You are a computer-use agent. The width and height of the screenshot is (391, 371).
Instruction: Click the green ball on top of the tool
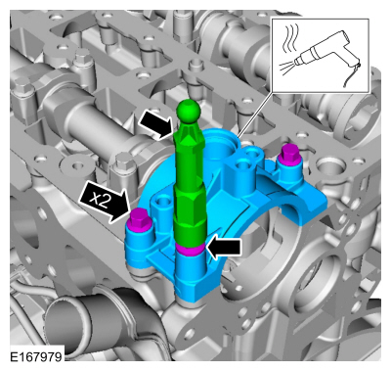(x=188, y=111)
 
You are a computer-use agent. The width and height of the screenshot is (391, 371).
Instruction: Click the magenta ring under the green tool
(x=190, y=249)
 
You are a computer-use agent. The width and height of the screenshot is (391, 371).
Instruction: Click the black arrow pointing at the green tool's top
(x=155, y=125)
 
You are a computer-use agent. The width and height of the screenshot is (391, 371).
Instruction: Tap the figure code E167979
(x=36, y=356)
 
